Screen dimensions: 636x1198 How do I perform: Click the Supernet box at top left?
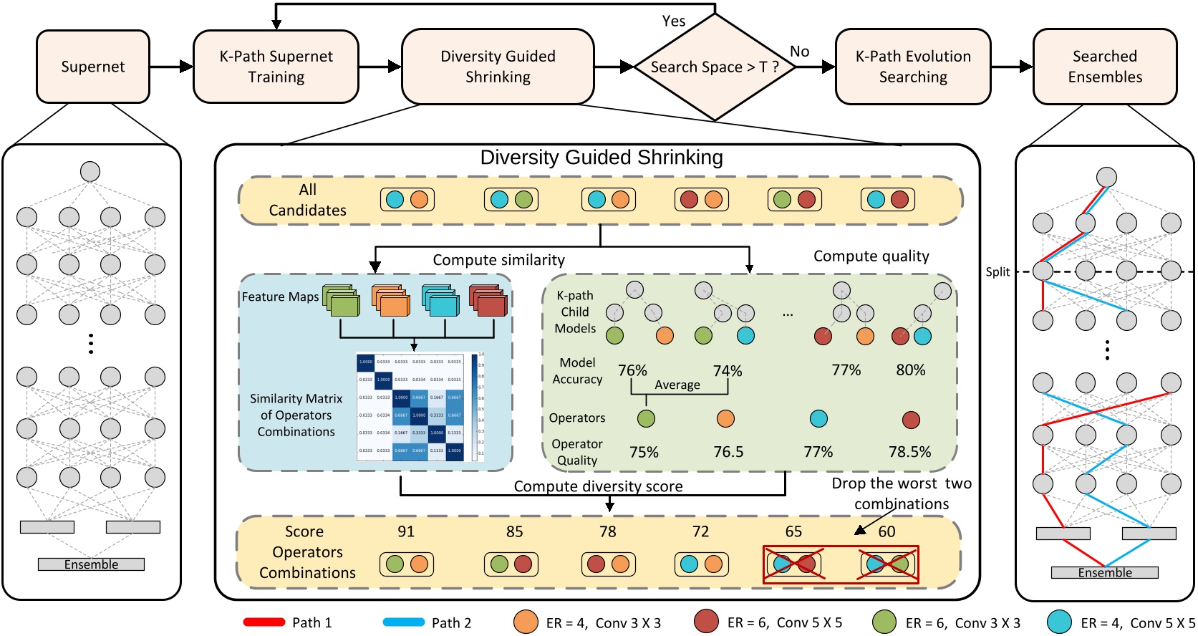pyautogui.click(x=93, y=67)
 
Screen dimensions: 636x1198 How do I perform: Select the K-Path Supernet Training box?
pyautogui.click(x=276, y=67)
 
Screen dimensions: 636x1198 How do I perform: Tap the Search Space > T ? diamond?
pyautogui.click(x=714, y=67)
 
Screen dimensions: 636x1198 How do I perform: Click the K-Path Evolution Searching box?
pyautogui.click(x=913, y=67)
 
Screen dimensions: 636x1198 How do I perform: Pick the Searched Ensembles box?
pyautogui.click(x=1104, y=67)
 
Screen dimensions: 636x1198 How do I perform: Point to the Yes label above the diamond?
pyautogui.click(x=673, y=21)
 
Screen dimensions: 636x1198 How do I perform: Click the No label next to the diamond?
pyautogui.click(x=799, y=52)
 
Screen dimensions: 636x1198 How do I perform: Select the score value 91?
pyautogui.click(x=406, y=531)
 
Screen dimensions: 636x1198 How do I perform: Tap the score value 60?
pyautogui.click(x=887, y=531)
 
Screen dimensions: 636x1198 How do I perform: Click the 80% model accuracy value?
pyautogui.click(x=910, y=370)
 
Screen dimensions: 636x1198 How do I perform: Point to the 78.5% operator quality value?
pyautogui.click(x=909, y=452)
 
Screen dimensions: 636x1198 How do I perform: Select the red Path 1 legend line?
pyautogui.click(x=264, y=622)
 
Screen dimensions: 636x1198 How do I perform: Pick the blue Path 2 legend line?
pyautogui.click(x=403, y=622)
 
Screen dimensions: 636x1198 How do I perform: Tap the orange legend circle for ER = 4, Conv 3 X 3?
pyautogui.click(x=526, y=622)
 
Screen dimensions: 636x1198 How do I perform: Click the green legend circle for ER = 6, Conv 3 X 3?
pyautogui.click(x=884, y=622)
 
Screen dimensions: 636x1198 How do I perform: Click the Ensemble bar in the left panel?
pyautogui.click(x=91, y=564)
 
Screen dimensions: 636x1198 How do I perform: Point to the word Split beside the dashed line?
pyautogui.click(x=997, y=272)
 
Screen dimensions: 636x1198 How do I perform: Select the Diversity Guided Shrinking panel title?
pyautogui.click(x=602, y=158)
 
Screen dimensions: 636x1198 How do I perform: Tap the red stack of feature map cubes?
pyautogui.click(x=488, y=301)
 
